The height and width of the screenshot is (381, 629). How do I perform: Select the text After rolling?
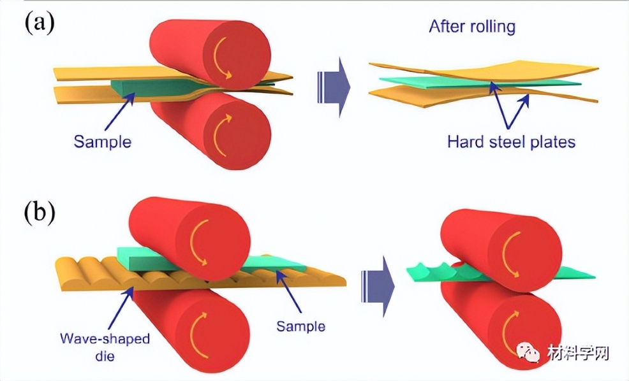point(471,27)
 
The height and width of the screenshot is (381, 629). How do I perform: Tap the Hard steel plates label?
point(511,141)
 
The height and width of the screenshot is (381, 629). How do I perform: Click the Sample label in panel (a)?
point(102,141)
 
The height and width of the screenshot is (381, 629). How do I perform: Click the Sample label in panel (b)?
point(300,327)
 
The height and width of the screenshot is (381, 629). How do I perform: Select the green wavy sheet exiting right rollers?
point(440,273)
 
